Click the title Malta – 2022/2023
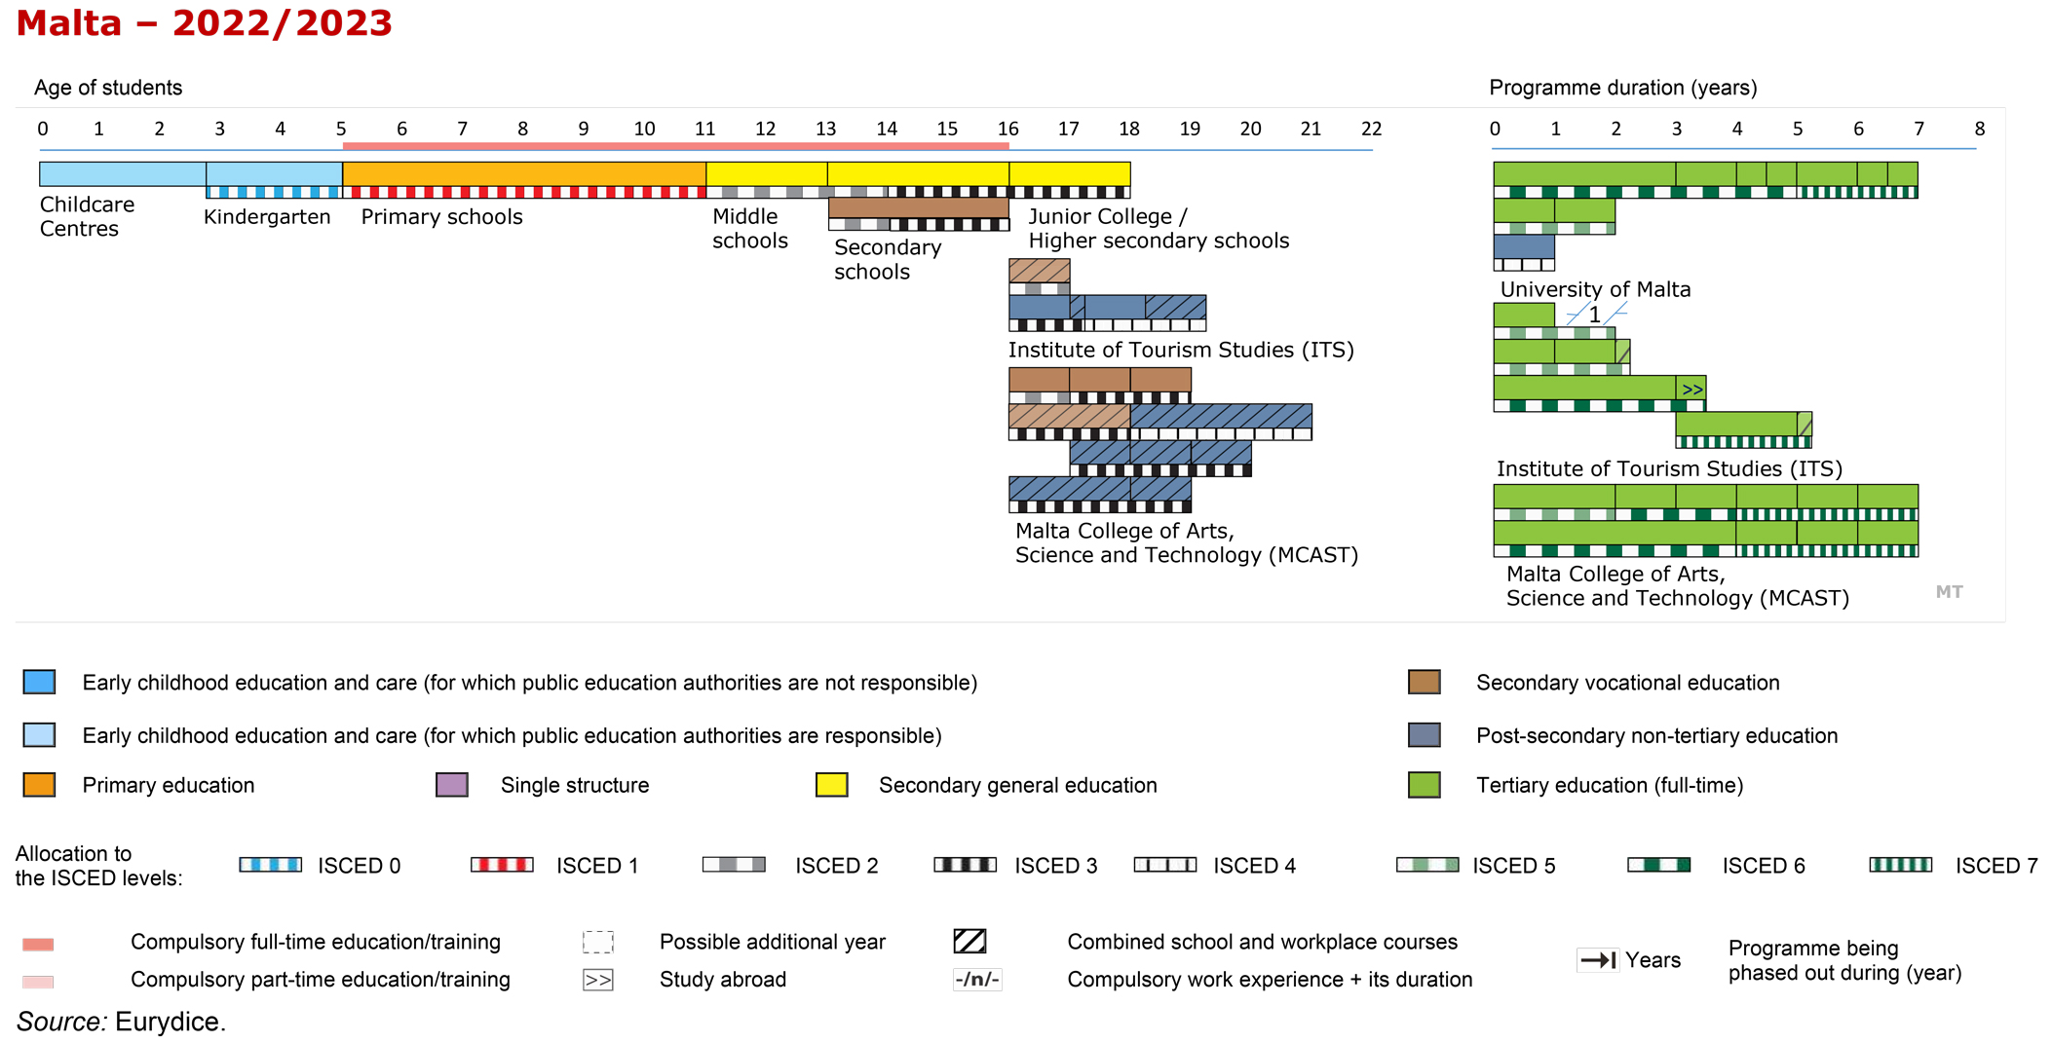point(204,22)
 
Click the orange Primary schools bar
point(524,174)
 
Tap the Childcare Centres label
point(87,216)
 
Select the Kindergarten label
point(267,217)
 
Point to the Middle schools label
point(749,229)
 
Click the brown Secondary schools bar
point(918,207)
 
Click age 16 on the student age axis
point(1007,129)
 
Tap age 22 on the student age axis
point(1371,129)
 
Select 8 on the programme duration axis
point(1979,129)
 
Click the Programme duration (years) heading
point(1623,88)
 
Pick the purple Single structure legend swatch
point(452,785)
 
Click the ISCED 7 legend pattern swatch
point(1900,865)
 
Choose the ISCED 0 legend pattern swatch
point(271,865)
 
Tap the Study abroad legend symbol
point(598,980)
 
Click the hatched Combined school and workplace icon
point(969,942)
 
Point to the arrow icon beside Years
point(1598,960)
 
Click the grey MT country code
point(1949,592)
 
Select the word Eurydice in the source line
point(171,1022)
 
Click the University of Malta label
point(1595,289)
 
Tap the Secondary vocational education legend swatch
point(1425,683)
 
